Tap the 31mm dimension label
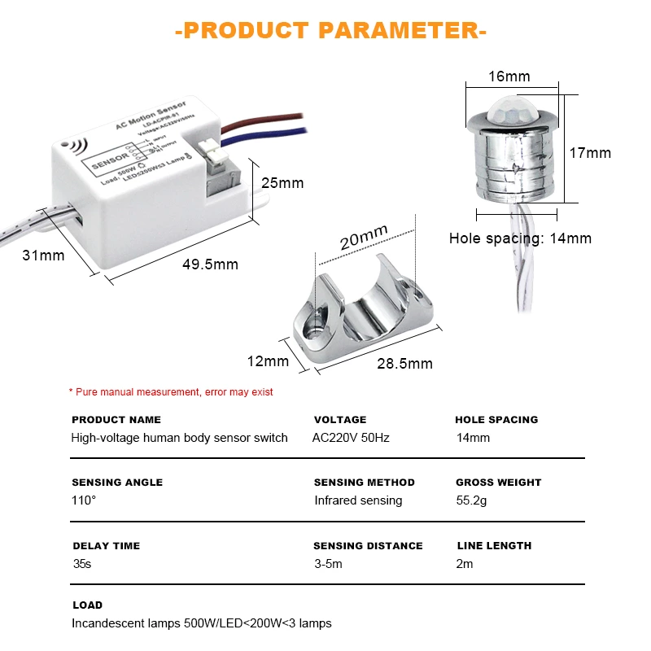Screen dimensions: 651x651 pyautogui.click(x=43, y=256)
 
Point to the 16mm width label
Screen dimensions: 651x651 pyautogui.click(x=509, y=77)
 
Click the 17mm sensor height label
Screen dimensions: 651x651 pyautogui.click(x=590, y=153)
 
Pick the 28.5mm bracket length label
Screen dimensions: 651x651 pyautogui.click(x=404, y=362)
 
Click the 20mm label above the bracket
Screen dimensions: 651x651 pyautogui.click(x=363, y=240)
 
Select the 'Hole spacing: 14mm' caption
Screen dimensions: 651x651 pyautogui.click(x=521, y=238)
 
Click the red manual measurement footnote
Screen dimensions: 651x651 pyautogui.click(x=171, y=392)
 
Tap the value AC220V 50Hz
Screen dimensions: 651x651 pyautogui.click(x=351, y=438)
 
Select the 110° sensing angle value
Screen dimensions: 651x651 pyautogui.click(x=84, y=500)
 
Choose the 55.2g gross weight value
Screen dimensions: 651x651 pyautogui.click(x=471, y=500)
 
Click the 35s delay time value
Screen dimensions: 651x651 pyautogui.click(x=82, y=564)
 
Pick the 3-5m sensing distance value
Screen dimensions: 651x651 pyautogui.click(x=330, y=564)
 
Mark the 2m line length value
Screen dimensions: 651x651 pyautogui.click(x=465, y=564)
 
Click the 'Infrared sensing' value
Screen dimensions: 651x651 pyautogui.click(x=358, y=500)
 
